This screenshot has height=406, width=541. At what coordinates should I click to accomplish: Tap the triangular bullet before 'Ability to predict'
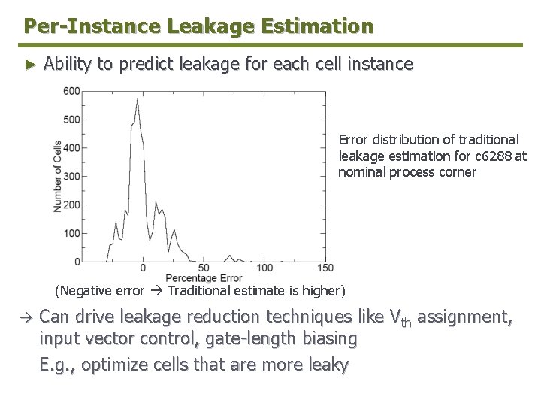[x=30, y=65]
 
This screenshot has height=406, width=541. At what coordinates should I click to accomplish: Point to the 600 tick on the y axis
[x=71, y=91]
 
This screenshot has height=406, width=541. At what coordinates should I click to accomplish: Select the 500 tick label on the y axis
[x=71, y=120]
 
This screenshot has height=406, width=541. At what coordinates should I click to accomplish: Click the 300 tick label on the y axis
[x=71, y=176]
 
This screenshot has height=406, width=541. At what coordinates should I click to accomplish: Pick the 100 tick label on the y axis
[x=71, y=233]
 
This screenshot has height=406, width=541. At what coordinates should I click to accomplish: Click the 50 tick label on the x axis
[x=204, y=268]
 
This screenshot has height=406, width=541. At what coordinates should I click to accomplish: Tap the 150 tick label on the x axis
[x=325, y=268]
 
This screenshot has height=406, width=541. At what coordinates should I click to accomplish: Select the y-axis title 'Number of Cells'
[x=58, y=176]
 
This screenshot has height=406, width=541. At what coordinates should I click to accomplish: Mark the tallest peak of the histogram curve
[x=137, y=100]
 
